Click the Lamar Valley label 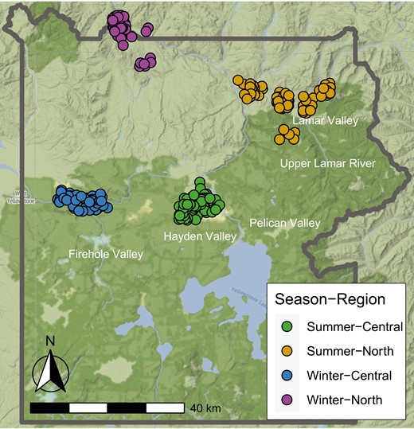point(326,121)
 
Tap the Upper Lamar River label point(327,163)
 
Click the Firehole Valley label point(106,254)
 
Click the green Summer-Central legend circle point(287,326)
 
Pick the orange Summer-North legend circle point(287,350)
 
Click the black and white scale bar point(107,408)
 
